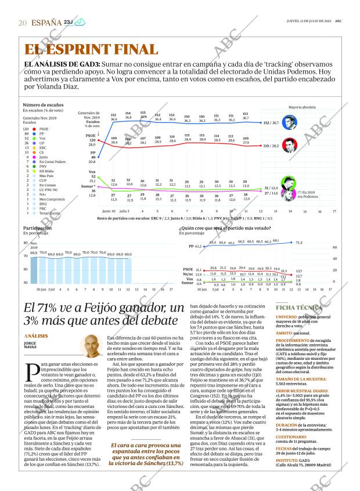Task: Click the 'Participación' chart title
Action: coord(37,228)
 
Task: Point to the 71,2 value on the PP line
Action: coord(299,243)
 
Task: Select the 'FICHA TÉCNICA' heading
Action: coord(297,307)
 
